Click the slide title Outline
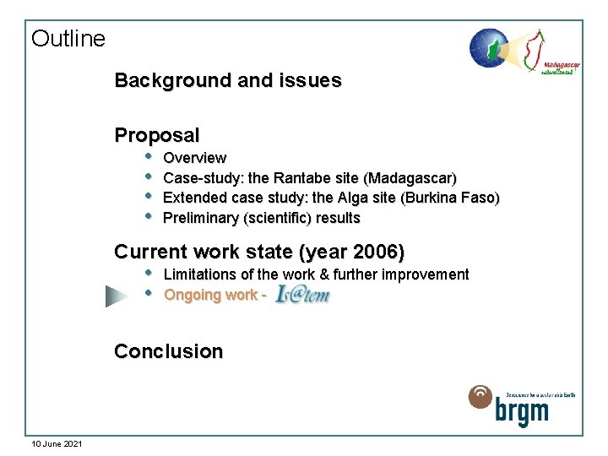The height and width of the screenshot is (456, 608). click(x=68, y=39)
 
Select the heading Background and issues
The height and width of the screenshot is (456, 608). click(x=228, y=81)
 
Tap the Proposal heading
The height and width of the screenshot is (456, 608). click(x=157, y=135)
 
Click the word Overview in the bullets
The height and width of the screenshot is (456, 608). click(x=194, y=158)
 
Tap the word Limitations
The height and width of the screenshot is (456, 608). click(x=200, y=274)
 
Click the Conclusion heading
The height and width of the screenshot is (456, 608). click(x=169, y=351)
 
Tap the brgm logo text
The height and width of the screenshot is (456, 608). click(x=523, y=412)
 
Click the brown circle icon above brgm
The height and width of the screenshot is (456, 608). click(x=480, y=396)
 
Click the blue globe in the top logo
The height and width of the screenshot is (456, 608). click(x=488, y=47)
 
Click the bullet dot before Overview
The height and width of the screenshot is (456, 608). click(x=149, y=156)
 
